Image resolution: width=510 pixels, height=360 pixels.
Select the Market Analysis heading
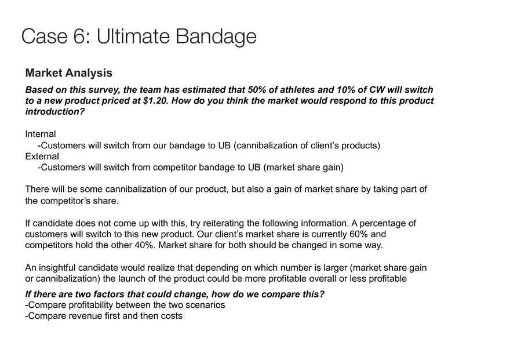(x=69, y=73)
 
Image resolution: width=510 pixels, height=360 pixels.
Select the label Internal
(x=41, y=134)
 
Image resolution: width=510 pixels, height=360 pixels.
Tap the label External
(x=42, y=157)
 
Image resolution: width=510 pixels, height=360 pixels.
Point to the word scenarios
(x=205, y=305)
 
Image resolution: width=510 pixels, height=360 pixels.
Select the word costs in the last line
(x=170, y=316)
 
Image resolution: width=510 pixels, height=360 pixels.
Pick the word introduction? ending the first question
(x=54, y=111)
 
